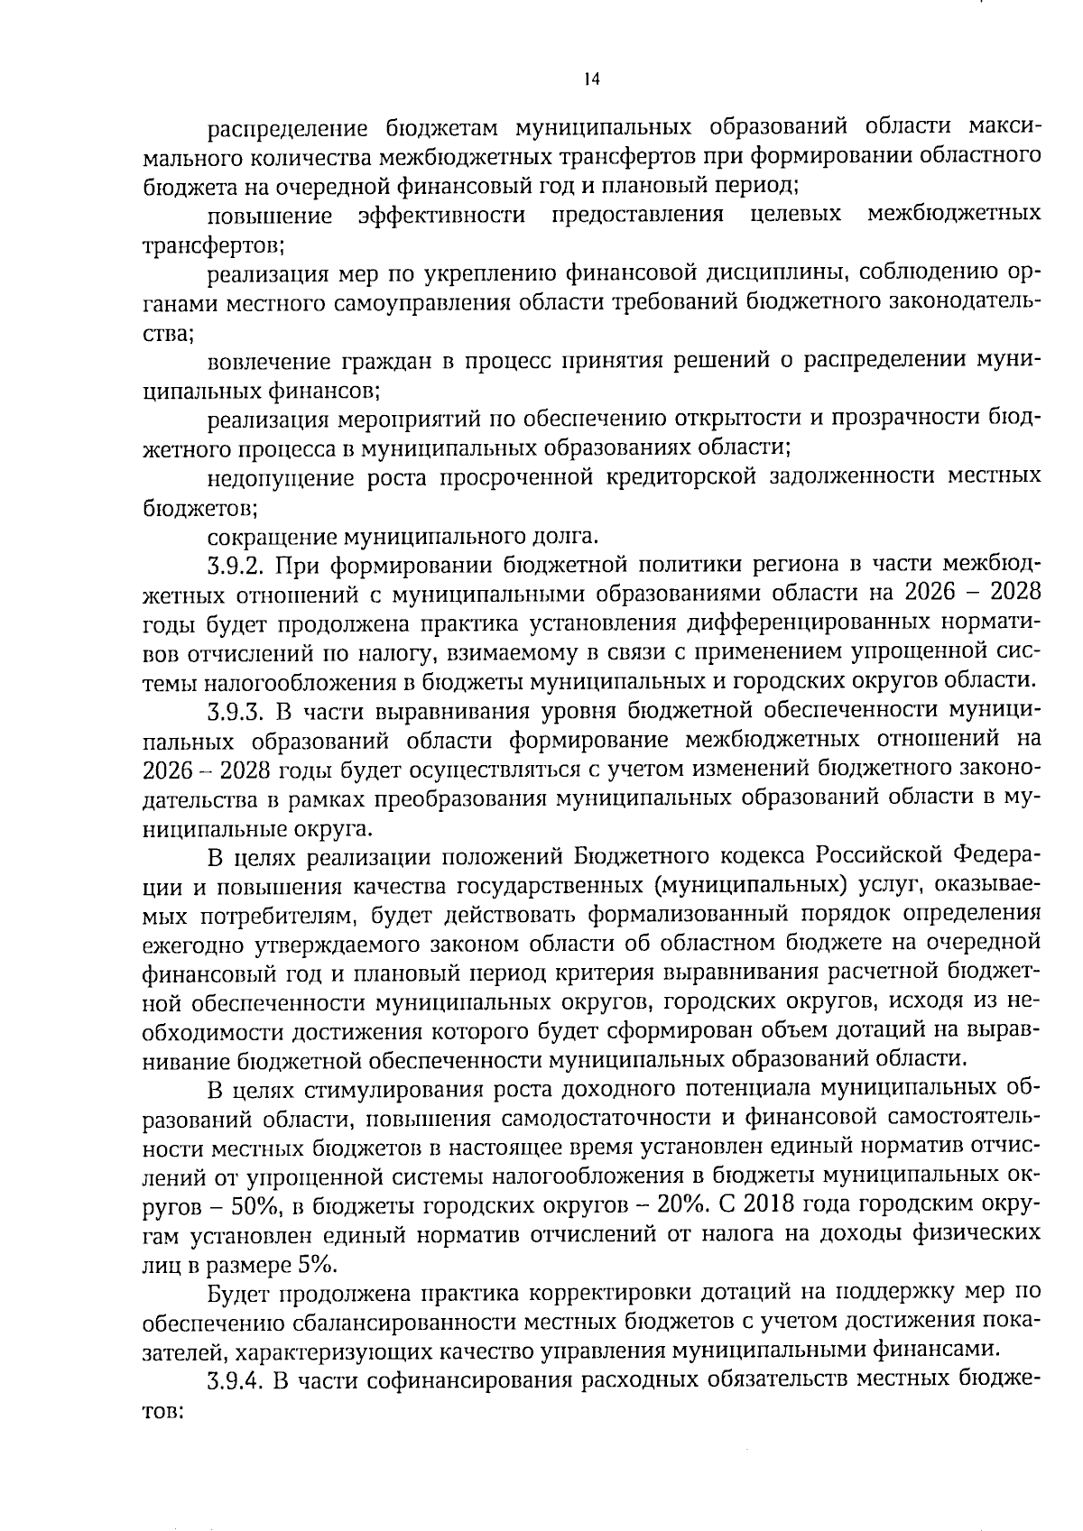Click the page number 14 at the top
tap(591, 78)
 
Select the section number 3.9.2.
tap(236, 567)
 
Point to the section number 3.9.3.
tap(236, 712)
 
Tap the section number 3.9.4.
tap(236, 1380)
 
